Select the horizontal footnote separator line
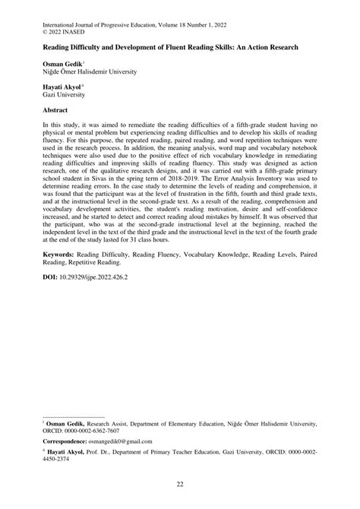point(74,417)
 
